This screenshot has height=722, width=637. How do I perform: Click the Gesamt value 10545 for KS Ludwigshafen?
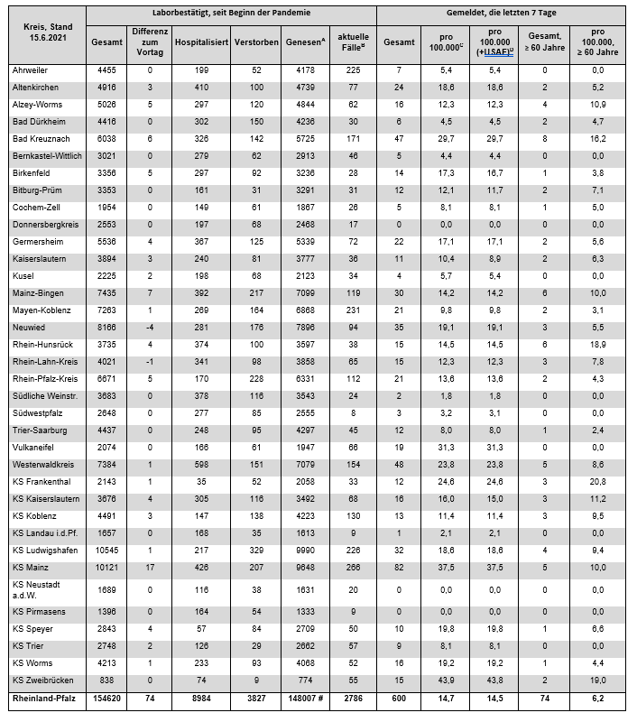(107, 550)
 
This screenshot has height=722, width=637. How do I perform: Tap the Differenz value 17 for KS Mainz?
(152, 568)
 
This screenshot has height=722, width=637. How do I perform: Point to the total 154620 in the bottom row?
(107, 699)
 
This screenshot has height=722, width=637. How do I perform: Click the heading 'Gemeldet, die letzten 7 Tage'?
(501, 14)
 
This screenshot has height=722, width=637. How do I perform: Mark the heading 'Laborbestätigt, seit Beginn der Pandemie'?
(231, 14)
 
